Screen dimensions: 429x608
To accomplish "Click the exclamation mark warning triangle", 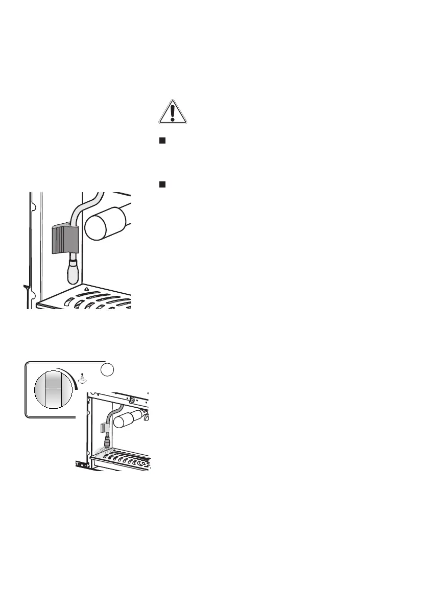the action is pos(173,112).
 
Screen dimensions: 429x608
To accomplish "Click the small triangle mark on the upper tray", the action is pos(86,289).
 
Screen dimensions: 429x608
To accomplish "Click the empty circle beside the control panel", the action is pos(107,370).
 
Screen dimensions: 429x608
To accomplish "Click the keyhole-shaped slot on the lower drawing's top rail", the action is pos(132,399).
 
